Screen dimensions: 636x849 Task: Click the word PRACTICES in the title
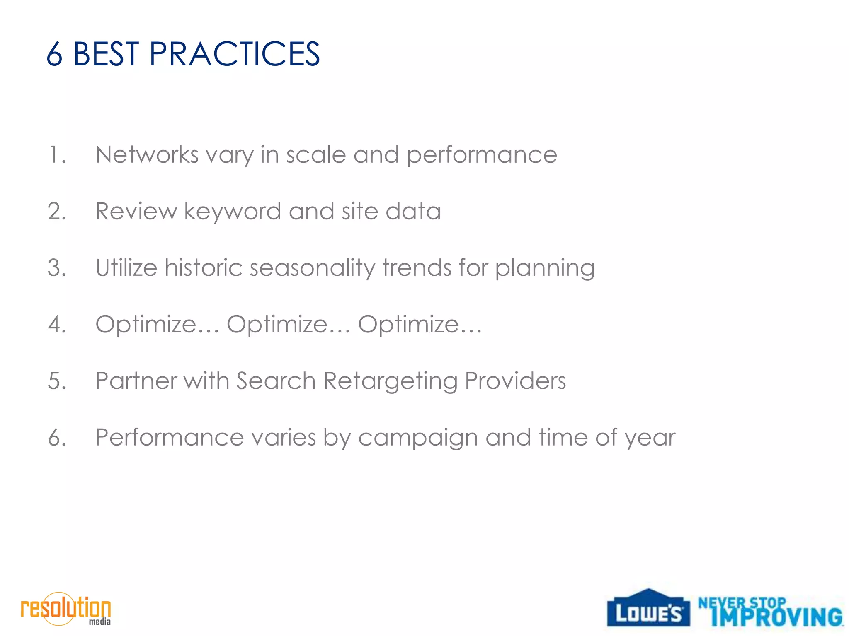(234, 54)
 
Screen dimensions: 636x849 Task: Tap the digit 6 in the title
(54, 54)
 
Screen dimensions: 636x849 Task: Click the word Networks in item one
(147, 155)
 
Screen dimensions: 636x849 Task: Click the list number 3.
(56, 267)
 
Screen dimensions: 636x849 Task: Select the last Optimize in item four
(408, 325)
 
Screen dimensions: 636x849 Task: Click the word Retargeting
(390, 381)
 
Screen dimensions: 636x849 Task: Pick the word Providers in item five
(515, 381)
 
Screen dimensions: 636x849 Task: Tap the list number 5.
(56, 381)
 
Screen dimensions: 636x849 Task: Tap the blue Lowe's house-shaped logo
(648, 608)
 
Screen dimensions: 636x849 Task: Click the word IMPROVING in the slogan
(776, 617)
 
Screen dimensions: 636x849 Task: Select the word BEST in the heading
(106, 54)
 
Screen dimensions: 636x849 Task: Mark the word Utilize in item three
(126, 267)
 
